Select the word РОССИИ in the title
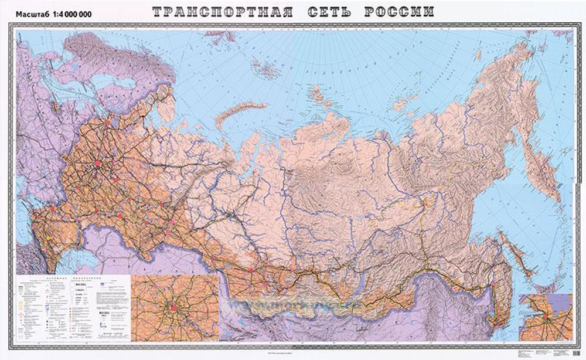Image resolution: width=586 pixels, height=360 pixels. pyautogui.click(x=401, y=11)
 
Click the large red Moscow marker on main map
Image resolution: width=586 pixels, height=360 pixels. pyautogui.click(x=96, y=162)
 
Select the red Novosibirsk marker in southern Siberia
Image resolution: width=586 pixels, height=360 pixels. pyautogui.click(x=251, y=270)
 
